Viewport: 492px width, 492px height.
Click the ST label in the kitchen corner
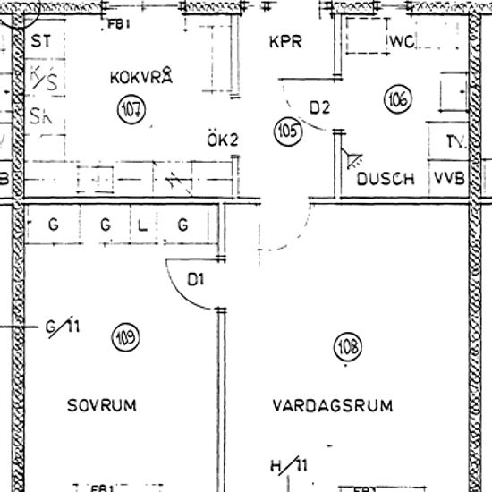tap(40, 41)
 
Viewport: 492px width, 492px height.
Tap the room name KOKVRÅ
tap(140, 77)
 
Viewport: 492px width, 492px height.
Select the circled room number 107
tap(131, 110)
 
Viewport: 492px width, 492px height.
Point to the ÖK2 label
tap(223, 140)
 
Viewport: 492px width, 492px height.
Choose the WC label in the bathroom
tap(403, 42)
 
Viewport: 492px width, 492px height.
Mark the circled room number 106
tap(398, 100)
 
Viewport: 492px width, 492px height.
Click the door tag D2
tap(320, 108)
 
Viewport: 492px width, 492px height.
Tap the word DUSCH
tap(386, 179)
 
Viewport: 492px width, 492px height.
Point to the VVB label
tap(450, 179)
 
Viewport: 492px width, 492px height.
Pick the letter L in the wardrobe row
tap(142, 225)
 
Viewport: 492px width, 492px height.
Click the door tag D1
tap(196, 279)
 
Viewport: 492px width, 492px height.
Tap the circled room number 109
tap(125, 337)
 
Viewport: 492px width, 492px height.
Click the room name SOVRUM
tap(102, 405)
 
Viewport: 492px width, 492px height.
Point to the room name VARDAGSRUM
tap(333, 405)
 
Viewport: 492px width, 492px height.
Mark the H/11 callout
tap(288, 465)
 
